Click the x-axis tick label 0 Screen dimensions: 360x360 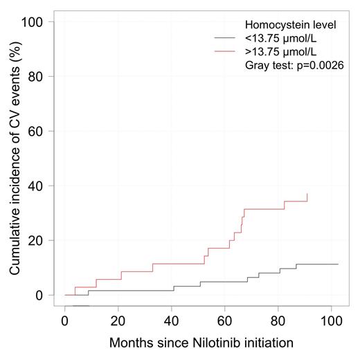[65, 322]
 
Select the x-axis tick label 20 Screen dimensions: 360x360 [118, 322]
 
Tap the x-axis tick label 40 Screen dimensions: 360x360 [172, 322]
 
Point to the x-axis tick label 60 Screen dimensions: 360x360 [225, 322]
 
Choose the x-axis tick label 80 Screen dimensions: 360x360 [278, 322]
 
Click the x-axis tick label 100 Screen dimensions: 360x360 [332, 322]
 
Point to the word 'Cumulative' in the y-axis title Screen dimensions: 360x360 [15, 242]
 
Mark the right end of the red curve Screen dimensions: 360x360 [307, 195]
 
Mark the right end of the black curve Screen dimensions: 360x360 [338, 264]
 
